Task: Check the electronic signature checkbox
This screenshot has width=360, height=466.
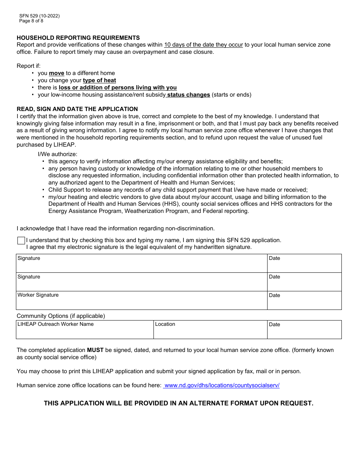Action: click(21, 241)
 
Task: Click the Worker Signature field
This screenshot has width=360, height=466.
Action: click(142, 302)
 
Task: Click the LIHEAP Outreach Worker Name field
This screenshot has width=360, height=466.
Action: click(85, 332)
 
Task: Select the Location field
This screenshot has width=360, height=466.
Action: click(210, 332)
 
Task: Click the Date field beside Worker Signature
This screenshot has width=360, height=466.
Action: click(304, 302)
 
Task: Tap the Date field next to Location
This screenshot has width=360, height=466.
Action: click(304, 332)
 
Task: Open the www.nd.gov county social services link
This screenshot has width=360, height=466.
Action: click(222, 385)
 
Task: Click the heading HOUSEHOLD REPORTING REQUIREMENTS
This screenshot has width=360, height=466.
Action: click(78, 38)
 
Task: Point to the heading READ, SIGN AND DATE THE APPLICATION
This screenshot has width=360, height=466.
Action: click(77, 109)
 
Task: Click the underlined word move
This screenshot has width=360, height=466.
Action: click(56, 73)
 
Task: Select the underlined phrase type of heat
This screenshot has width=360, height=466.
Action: click(99, 80)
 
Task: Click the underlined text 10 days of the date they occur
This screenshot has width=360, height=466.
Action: click(203, 45)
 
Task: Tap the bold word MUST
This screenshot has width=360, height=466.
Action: click(95, 350)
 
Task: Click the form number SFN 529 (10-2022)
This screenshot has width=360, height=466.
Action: click(39, 16)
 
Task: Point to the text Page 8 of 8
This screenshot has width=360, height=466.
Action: click(31, 21)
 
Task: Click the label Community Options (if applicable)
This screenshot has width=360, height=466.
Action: click(61, 316)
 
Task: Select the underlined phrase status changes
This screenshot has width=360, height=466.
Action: click(188, 95)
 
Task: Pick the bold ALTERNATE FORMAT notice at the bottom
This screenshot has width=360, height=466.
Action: click(178, 403)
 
